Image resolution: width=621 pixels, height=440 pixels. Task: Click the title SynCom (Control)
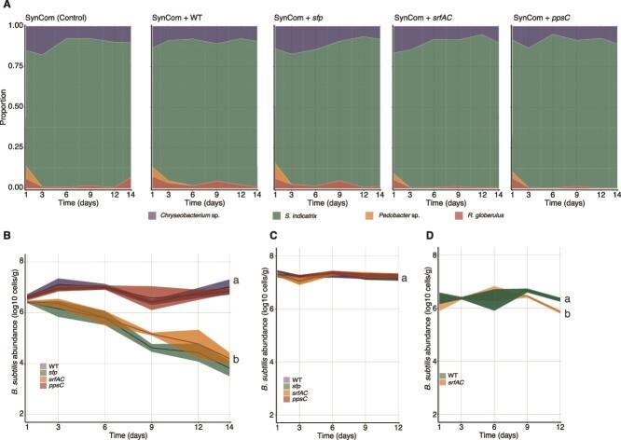click(x=57, y=20)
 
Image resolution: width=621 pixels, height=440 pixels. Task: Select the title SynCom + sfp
click(x=301, y=20)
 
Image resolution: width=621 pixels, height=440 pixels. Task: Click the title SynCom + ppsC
click(x=544, y=20)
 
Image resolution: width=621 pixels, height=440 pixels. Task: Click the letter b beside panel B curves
click(x=238, y=360)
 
